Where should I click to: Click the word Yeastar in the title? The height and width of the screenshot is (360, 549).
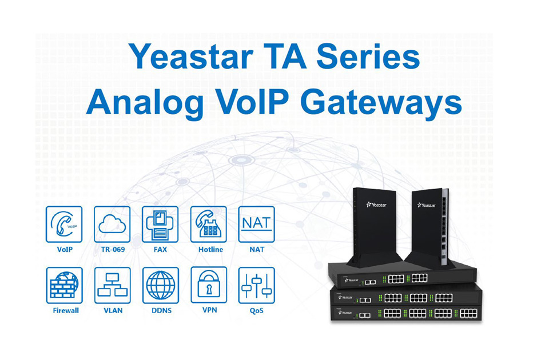pyautogui.click(x=191, y=57)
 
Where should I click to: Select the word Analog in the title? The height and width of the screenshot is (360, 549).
pyautogui.click(x=145, y=103)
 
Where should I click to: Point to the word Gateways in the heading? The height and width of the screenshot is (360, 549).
pyautogui.click(x=381, y=103)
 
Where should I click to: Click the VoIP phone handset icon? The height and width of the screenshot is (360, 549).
pyautogui.click(x=64, y=224)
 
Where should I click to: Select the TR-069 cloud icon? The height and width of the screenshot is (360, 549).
pyautogui.click(x=112, y=224)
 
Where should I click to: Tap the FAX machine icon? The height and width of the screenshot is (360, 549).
pyautogui.click(x=160, y=224)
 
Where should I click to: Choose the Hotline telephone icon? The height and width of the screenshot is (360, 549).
pyautogui.click(x=208, y=224)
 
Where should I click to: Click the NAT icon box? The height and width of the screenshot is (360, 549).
pyautogui.click(x=256, y=224)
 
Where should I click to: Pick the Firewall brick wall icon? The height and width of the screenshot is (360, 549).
pyautogui.click(x=65, y=285)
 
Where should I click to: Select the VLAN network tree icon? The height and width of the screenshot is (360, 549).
pyautogui.click(x=113, y=285)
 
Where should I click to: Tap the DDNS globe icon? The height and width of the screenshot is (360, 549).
pyautogui.click(x=160, y=285)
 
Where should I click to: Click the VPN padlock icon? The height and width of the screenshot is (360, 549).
pyautogui.click(x=209, y=285)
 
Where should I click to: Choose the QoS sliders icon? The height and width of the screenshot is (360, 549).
pyautogui.click(x=256, y=285)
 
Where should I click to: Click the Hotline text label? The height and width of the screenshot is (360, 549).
pyautogui.click(x=210, y=250)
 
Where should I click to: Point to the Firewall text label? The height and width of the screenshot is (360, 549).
pyautogui.click(x=66, y=310)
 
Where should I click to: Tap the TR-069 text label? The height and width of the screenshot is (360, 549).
pyautogui.click(x=113, y=250)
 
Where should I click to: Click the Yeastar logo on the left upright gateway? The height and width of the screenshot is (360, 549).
pyautogui.click(x=376, y=205)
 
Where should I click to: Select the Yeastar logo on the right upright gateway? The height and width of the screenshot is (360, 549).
pyautogui.click(x=426, y=205)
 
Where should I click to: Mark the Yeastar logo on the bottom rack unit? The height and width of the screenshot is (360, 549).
pyautogui.click(x=345, y=313)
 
